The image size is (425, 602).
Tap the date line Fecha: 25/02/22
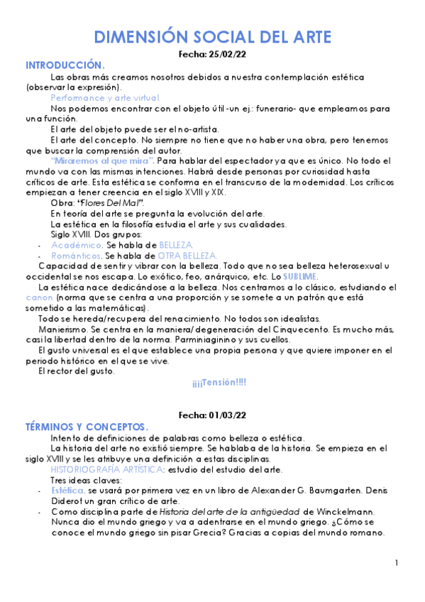click(x=212, y=54)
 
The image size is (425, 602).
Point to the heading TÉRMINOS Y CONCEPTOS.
click(x=87, y=427)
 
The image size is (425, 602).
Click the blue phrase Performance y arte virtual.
click(x=106, y=97)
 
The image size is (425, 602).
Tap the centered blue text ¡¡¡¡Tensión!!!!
click(x=219, y=383)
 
